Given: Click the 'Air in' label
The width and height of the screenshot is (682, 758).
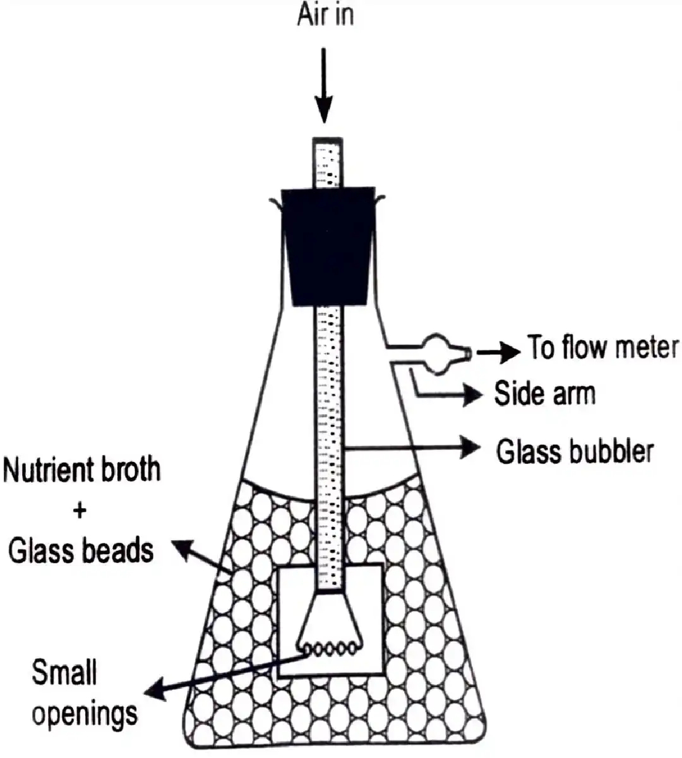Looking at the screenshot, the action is [325, 15].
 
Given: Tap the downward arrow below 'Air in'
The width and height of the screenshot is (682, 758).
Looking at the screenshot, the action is [324, 85].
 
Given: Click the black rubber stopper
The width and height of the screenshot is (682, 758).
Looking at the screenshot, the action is [328, 246].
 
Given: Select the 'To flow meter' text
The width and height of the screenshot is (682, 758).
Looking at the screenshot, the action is [602, 347].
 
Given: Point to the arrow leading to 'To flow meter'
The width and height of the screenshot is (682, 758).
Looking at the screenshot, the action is [498, 352].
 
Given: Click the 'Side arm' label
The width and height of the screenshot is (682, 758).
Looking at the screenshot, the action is [545, 394].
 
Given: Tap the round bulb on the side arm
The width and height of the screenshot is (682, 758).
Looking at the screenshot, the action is [437, 354].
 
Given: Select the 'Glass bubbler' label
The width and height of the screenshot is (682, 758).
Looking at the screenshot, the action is [575, 451].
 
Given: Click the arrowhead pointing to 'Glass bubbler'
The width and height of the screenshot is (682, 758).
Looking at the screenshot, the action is [470, 447].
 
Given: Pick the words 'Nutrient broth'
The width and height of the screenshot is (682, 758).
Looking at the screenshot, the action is [81, 470].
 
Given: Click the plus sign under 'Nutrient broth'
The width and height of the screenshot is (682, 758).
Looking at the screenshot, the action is [80, 512].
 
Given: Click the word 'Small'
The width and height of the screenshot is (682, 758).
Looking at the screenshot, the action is [64, 672].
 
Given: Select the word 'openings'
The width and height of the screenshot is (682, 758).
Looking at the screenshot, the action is [85, 714].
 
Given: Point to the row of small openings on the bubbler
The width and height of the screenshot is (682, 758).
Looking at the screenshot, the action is [330, 648].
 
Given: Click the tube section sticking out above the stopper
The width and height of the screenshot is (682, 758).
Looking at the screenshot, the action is [328, 162].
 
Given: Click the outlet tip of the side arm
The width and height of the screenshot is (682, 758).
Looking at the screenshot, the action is [469, 353].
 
